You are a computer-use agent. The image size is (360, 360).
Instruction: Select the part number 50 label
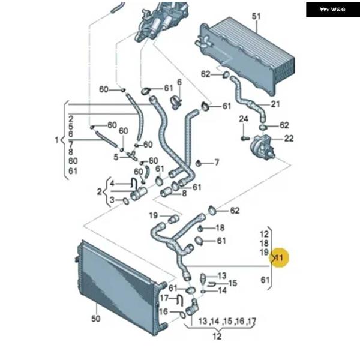(x=95, y=319)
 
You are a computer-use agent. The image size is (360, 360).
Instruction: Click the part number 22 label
(x=289, y=139)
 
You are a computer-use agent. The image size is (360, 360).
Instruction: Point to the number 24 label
(x=244, y=119)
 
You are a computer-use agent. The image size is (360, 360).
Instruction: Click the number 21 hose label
(x=275, y=104)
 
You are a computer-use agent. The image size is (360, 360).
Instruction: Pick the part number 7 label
(x=217, y=163)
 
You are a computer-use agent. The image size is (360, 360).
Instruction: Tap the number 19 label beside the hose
(x=153, y=215)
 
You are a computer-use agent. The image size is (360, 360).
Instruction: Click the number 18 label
(x=220, y=227)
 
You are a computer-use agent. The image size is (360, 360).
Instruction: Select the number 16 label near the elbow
(x=163, y=311)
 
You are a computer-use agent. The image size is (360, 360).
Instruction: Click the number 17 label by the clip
(x=163, y=298)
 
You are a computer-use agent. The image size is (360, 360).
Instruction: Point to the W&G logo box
(x=333, y=9)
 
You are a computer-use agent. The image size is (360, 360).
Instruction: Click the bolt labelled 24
(x=245, y=138)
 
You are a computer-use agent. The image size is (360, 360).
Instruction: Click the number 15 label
(x=233, y=283)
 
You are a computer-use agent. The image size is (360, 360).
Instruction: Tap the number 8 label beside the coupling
(x=184, y=193)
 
